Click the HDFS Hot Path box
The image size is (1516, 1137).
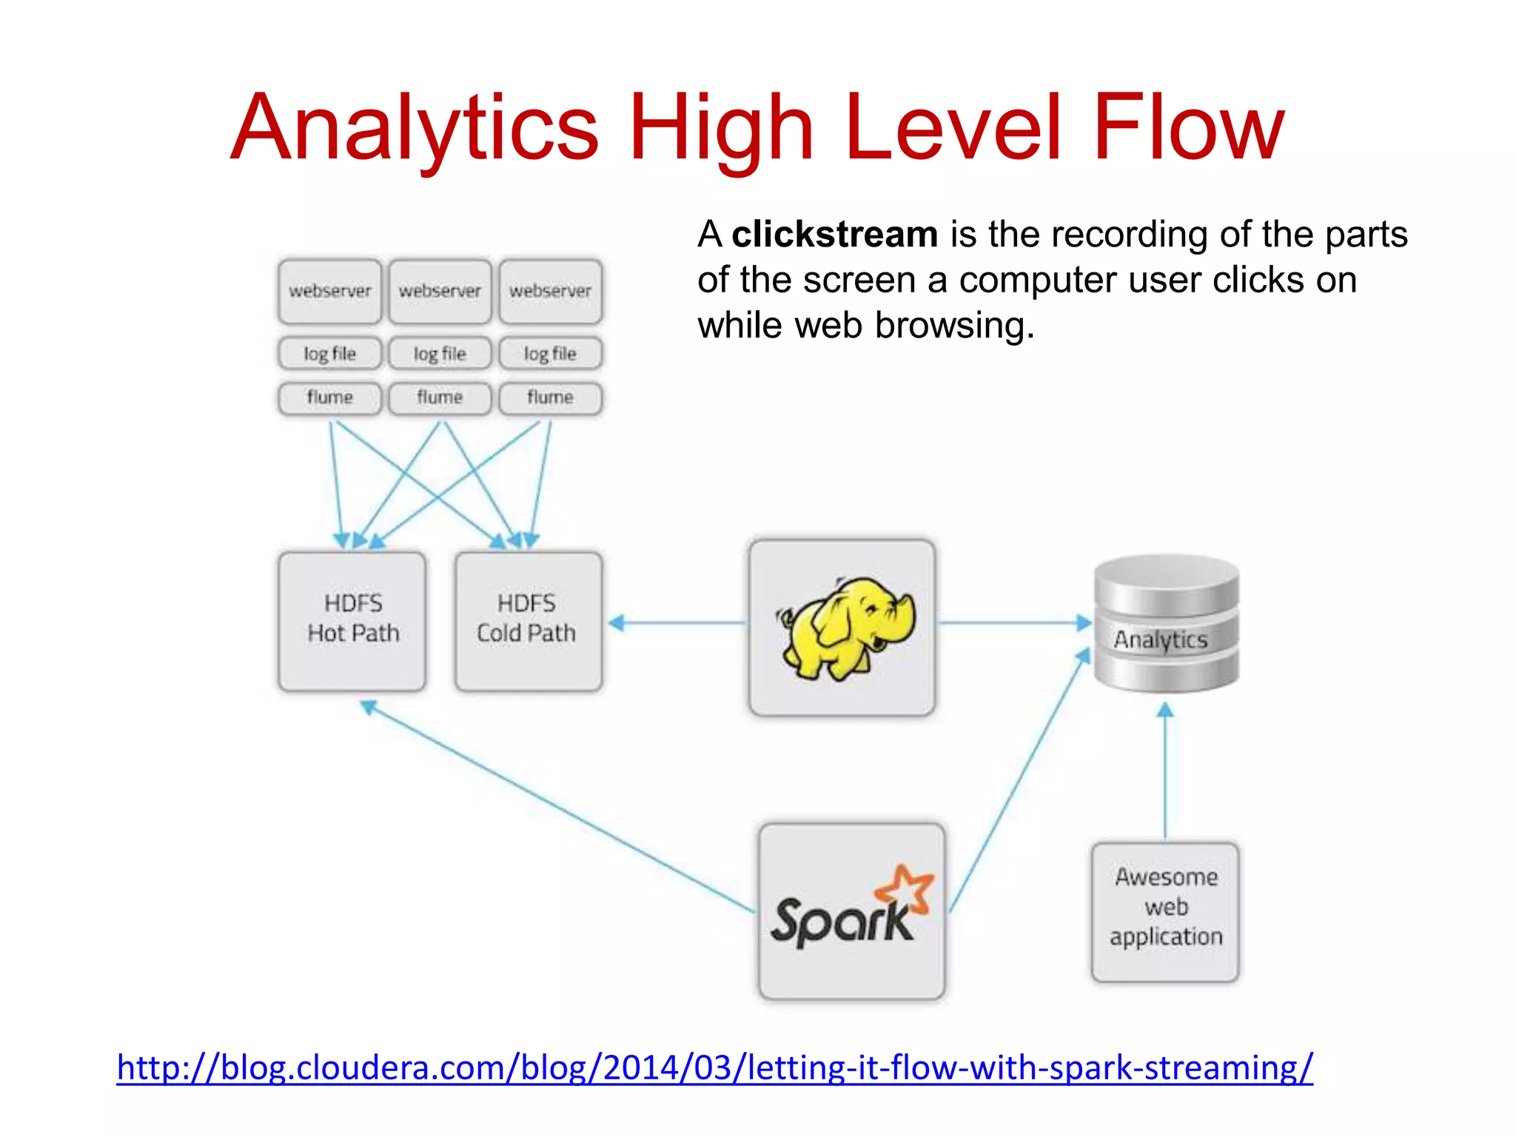352,620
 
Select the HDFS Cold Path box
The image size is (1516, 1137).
528,620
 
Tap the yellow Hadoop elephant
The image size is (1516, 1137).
845,628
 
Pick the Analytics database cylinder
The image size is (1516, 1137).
1166,623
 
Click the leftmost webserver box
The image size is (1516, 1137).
330,291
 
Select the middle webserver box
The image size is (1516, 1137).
440,291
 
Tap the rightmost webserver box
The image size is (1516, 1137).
550,291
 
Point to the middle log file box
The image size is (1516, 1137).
440,354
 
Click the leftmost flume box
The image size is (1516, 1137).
330,398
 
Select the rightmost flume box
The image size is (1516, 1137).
550,398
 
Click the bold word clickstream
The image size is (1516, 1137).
835,235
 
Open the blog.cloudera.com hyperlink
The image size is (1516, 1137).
714,1068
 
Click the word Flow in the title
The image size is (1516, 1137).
1188,127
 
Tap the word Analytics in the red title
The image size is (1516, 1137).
415,127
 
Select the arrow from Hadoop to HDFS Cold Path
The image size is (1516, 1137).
677,623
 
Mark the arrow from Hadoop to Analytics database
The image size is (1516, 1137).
1014,623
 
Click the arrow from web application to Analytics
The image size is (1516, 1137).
1165,770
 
